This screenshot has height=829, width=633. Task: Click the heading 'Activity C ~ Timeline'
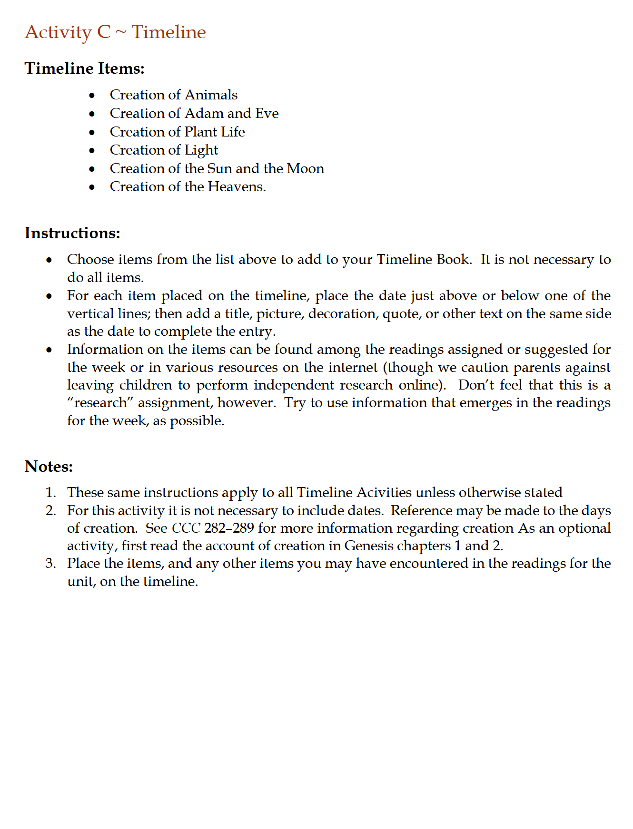(x=115, y=32)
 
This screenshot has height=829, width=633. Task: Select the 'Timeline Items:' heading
(x=84, y=68)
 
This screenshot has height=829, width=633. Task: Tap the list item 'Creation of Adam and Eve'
(x=194, y=114)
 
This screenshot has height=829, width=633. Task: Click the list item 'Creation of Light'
(x=164, y=150)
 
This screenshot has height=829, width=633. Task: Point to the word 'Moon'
(x=306, y=169)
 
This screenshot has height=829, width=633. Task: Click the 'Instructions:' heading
(x=72, y=233)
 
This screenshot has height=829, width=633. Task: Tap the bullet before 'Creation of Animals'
(x=92, y=96)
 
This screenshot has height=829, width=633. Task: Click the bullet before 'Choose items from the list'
(x=49, y=260)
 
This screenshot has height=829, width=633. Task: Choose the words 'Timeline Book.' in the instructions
(x=424, y=260)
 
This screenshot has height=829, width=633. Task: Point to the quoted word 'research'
(x=100, y=403)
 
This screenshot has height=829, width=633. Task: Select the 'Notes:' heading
(x=49, y=467)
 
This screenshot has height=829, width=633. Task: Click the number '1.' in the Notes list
(x=51, y=493)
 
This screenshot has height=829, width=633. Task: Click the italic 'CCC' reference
(x=186, y=528)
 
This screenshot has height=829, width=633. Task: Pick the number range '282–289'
(x=229, y=528)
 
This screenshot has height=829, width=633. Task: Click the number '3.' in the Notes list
(x=51, y=564)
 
